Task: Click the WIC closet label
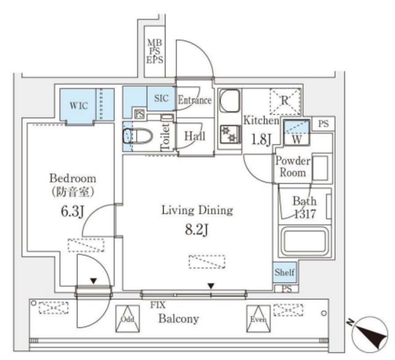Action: point(79,105)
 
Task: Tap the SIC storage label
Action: point(160,98)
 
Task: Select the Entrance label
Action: point(194,99)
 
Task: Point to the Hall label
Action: point(195,136)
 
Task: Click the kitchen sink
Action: point(230,101)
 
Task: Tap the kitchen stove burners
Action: point(229,134)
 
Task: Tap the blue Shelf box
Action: point(285,272)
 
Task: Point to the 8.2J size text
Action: point(197,232)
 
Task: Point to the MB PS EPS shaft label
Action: point(154,52)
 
